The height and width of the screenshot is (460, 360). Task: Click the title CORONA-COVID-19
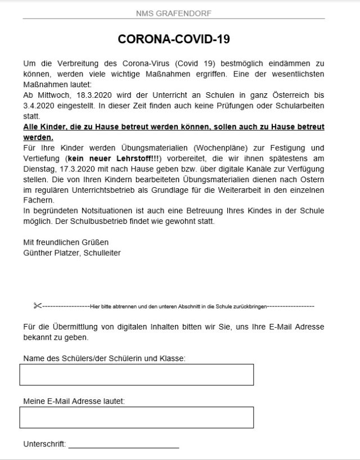(x=174, y=39)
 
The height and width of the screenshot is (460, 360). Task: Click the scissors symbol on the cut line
(x=38, y=306)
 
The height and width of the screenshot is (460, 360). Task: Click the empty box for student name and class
(x=136, y=375)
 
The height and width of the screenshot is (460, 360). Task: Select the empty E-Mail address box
(x=136, y=417)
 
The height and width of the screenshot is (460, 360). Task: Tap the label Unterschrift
(x=44, y=444)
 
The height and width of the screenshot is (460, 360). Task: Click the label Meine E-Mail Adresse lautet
(x=74, y=401)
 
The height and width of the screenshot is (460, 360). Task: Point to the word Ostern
(x=312, y=181)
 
